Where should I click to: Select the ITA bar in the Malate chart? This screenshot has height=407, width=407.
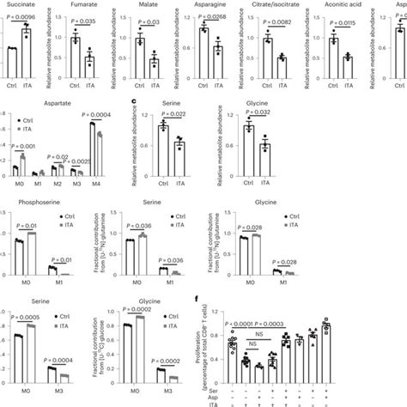154,64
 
